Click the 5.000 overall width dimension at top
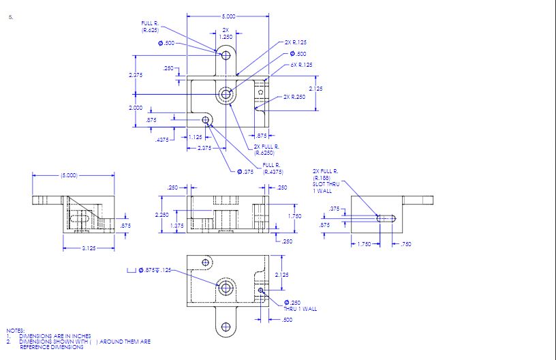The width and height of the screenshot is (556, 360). point(228,16)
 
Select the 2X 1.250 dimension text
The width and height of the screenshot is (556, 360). point(226,33)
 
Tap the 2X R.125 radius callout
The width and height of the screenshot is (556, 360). point(296,42)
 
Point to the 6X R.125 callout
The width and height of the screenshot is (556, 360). point(301,65)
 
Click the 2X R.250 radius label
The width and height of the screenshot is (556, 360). point(294,97)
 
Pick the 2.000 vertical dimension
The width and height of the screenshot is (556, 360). point(136,108)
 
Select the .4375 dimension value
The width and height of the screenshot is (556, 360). point(161,140)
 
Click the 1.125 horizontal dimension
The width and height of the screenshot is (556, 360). point(196,137)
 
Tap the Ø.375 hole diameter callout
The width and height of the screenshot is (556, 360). point(245,172)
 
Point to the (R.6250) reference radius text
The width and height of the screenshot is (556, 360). point(264,153)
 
